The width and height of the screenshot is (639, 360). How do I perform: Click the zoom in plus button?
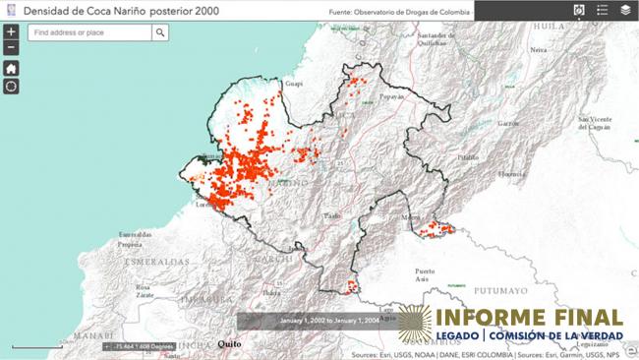(x=11, y=31)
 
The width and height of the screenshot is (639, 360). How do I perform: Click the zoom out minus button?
(x=11, y=47)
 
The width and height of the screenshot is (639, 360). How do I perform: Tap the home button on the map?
(x=11, y=69)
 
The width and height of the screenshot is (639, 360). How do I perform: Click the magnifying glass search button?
(x=160, y=32)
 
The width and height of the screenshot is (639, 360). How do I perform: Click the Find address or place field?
(x=89, y=32)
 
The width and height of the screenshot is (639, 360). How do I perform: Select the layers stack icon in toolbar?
(x=626, y=11)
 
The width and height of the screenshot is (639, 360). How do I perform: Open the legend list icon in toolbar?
(x=603, y=11)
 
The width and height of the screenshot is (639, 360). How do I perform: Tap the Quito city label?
(x=229, y=344)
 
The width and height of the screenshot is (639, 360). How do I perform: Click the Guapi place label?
(x=292, y=85)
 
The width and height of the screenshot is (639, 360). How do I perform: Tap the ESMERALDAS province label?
(x=149, y=262)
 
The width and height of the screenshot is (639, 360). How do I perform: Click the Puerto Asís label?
(x=425, y=274)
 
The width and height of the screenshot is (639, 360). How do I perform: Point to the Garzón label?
(x=508, y=124)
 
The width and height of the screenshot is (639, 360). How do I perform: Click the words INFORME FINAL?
(x=529, y=318)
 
